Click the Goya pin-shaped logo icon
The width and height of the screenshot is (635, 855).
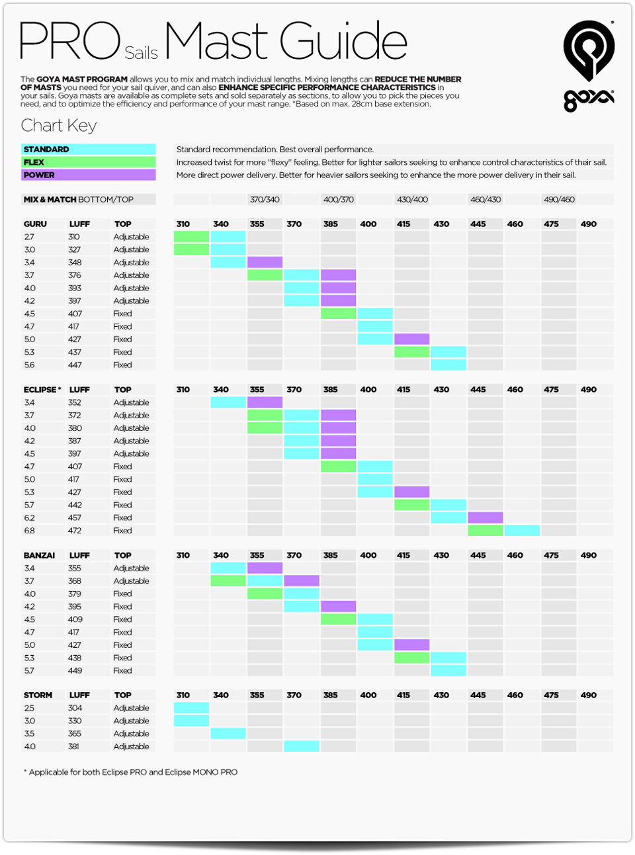tap(589, 50)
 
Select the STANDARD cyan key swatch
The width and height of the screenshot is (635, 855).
tap(88, 149)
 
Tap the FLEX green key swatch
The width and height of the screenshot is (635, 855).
tap(88, 162)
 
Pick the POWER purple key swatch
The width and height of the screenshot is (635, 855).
tap(88, 175)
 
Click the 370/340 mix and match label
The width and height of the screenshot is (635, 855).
tap(265, 199)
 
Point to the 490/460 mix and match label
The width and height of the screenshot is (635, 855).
tap(559, 199)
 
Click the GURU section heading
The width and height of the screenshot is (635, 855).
tap(35, 224)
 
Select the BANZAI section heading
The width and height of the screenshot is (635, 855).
tap(39, 555)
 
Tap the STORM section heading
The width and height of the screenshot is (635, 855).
tap(38, 695)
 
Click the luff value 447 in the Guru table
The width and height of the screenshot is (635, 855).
tap(75, 365)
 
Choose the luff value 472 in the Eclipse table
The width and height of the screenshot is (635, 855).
tap(75, 531)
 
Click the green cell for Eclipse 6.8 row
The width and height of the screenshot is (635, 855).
tap(485, 531)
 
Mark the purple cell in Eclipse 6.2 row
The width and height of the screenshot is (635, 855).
tap(485, 517)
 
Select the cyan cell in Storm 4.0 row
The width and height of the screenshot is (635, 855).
tap(302, 746)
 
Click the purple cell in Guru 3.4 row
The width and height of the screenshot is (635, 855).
tap(265, 262)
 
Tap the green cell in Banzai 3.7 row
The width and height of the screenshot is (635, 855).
tap(228, 580)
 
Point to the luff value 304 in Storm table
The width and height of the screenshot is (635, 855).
tap(75, 707)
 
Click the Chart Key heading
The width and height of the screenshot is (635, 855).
tap(59, 126)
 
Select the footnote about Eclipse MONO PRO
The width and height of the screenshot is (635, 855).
tap(130, 772)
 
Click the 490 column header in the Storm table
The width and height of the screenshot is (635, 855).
tap(589, 695)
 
